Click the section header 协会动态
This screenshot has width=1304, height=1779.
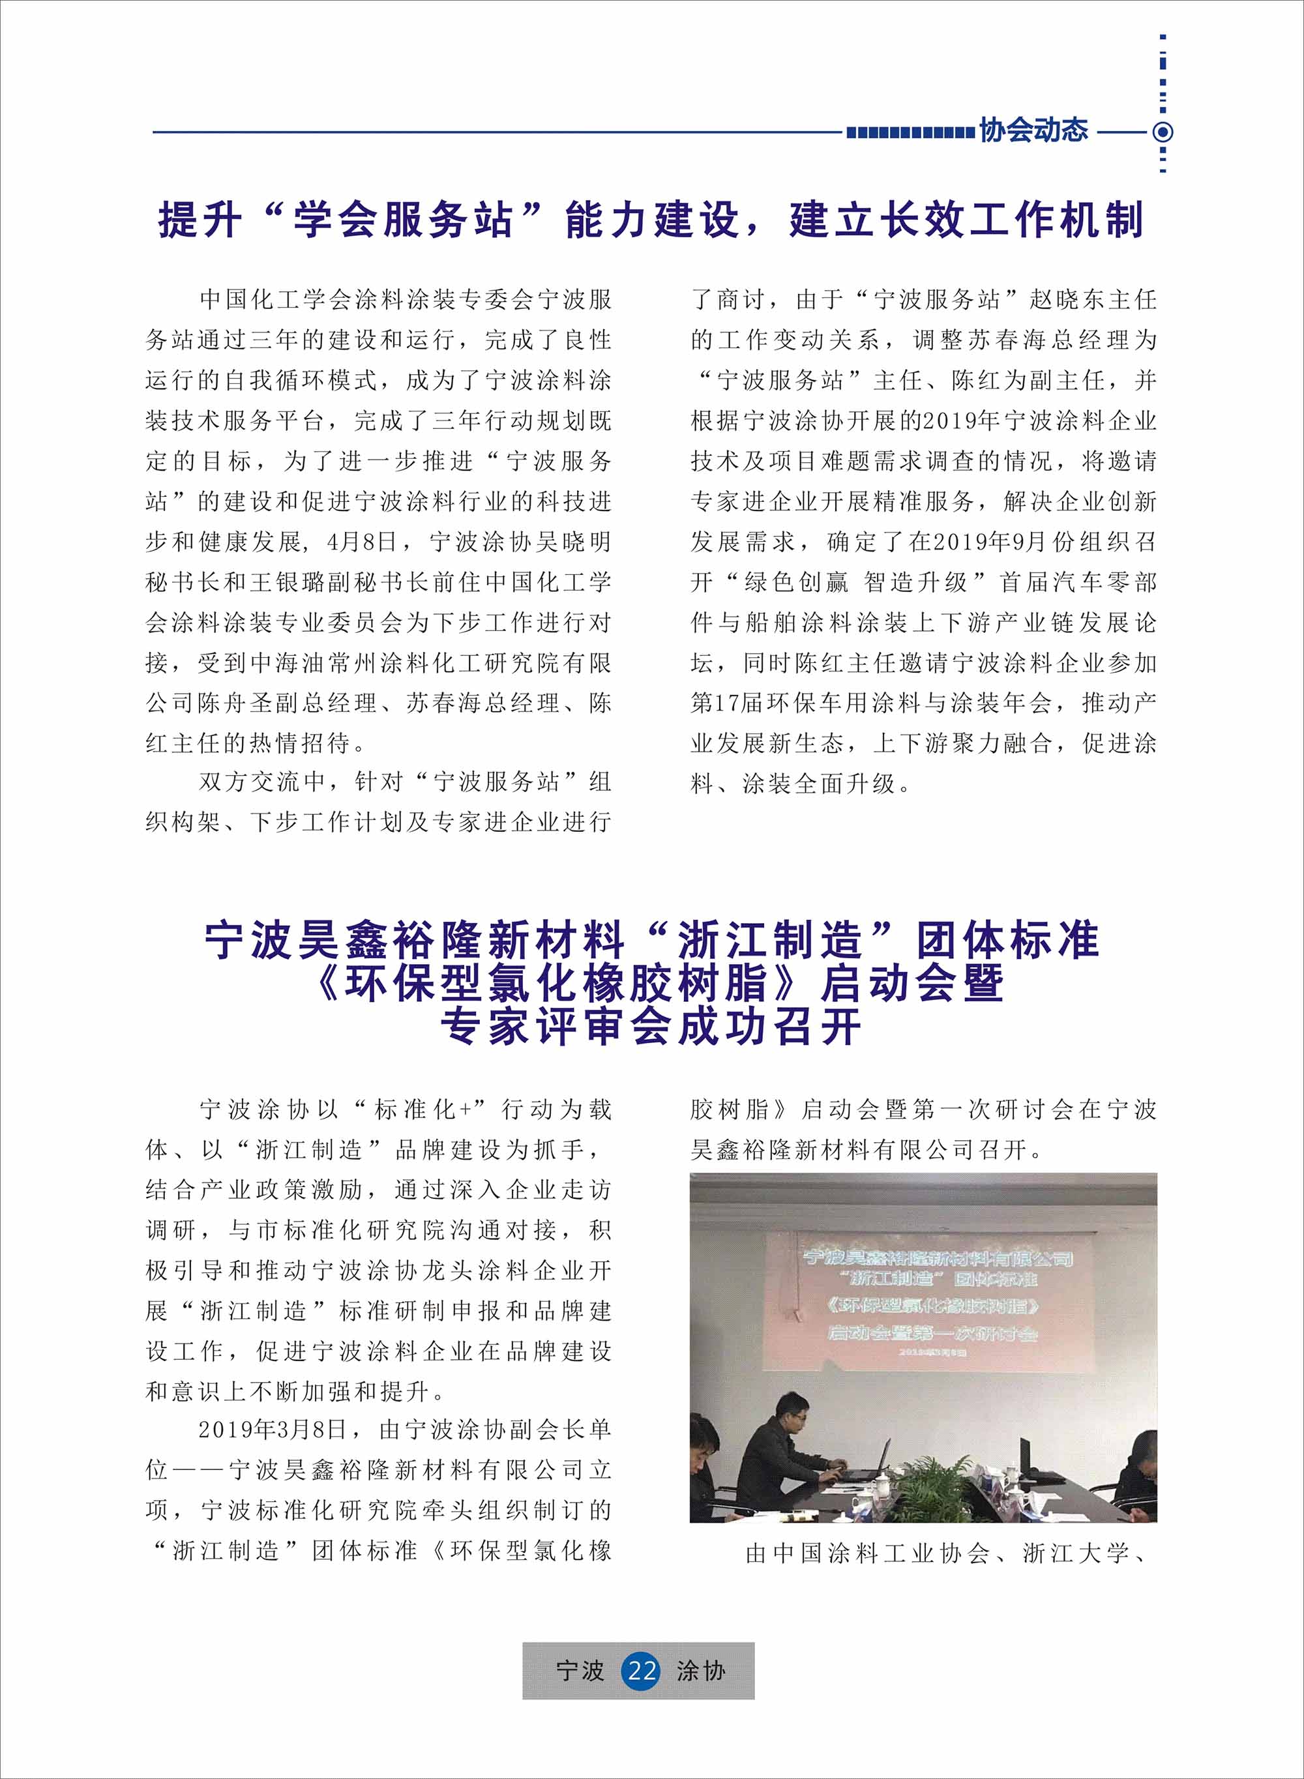[1033, 131]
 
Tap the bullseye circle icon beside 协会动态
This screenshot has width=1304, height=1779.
[1163, 132]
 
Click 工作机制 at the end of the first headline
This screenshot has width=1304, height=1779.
[1056, 220]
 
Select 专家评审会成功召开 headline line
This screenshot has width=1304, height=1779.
[651, 1027]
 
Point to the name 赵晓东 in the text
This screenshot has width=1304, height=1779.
[1068, 300]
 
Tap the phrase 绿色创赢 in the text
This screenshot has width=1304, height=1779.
[797, 583]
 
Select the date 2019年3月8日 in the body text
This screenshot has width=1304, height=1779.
[271, 1430]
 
